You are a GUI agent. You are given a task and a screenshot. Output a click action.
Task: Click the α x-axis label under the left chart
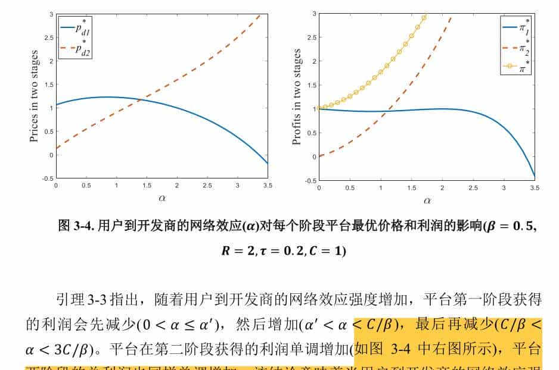coord(162,199)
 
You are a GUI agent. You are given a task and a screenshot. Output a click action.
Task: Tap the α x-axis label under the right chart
coord(427,200)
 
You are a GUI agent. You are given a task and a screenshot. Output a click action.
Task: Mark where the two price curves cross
coord(141,100)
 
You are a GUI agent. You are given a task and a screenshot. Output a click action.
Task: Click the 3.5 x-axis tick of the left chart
coord(268,186)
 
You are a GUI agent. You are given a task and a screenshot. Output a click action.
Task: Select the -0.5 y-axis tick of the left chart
coord(47,178)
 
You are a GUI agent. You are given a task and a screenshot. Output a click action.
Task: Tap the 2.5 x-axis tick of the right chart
coord(473,187)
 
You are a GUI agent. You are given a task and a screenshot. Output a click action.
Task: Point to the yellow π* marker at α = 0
coord(319,108)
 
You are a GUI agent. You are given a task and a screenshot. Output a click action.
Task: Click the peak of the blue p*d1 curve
coord(107,97)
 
